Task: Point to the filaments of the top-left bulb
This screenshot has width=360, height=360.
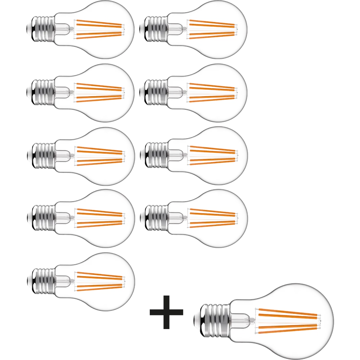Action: (99, 29)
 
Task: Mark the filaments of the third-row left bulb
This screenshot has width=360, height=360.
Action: (99, 155)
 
